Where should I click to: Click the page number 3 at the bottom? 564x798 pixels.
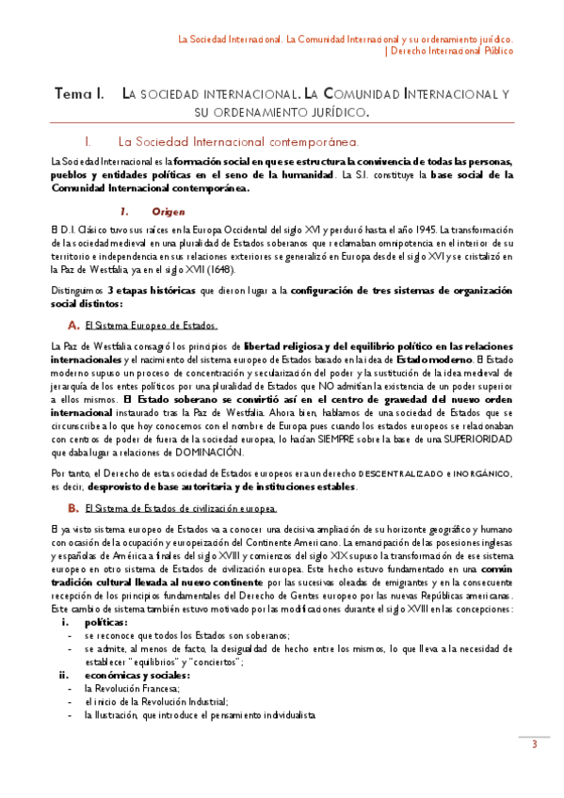(x=534, y=745)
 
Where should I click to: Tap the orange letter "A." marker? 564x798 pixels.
(x=73, y=325)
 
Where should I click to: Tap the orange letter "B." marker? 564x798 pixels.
(x=73, y=508)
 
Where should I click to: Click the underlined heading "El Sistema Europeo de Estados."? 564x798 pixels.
(x=151, y=326)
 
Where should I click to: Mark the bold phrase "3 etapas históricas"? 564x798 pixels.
(x=155, y=292)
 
